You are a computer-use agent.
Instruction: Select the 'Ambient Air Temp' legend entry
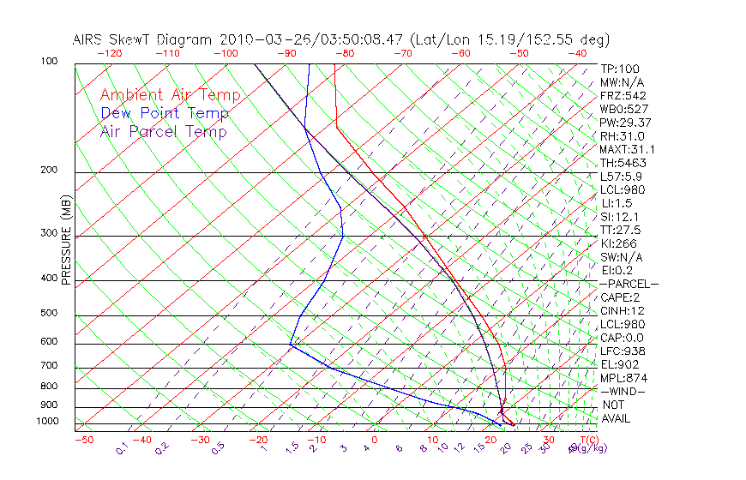170,95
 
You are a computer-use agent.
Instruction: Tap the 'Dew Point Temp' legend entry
165,113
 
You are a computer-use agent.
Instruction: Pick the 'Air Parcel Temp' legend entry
163,131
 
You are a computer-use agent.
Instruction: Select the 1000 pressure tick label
49,422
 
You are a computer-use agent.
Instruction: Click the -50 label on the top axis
519,53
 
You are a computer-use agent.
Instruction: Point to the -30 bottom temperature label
200,440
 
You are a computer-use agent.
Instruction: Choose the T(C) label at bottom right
581,440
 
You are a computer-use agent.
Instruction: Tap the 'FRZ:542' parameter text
623,95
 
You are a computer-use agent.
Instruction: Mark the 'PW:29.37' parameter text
626,123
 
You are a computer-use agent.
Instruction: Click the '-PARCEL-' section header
629,284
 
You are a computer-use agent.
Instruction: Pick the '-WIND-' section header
623,391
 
